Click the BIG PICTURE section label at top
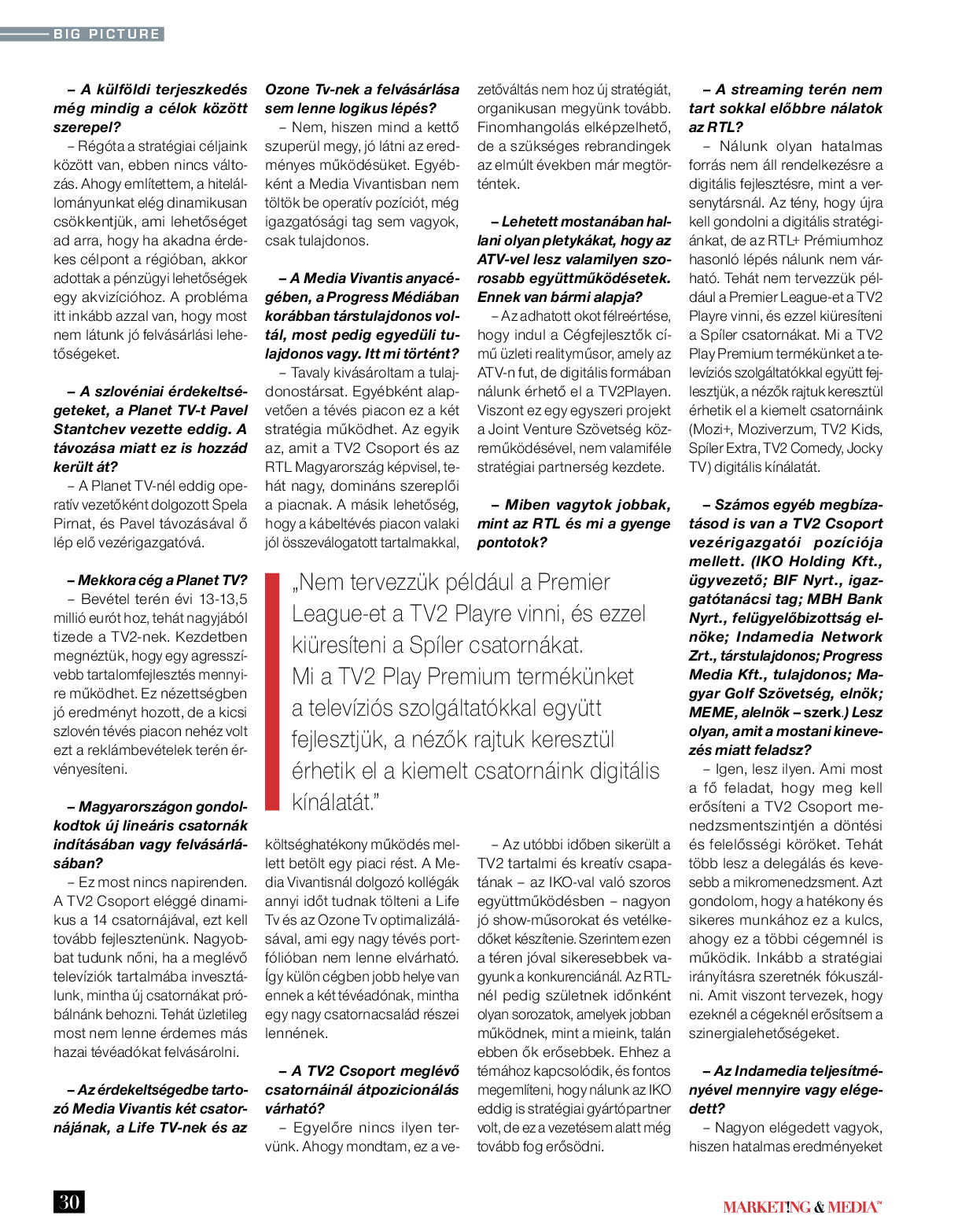tap(106, 34)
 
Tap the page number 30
tap(69, 1202)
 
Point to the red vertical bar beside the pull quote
tap(272, 692)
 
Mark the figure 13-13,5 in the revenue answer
tap(212, 599)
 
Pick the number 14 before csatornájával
tap(100, 920)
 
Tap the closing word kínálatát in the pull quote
tap(333, 803)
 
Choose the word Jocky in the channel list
tap(864, 448)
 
